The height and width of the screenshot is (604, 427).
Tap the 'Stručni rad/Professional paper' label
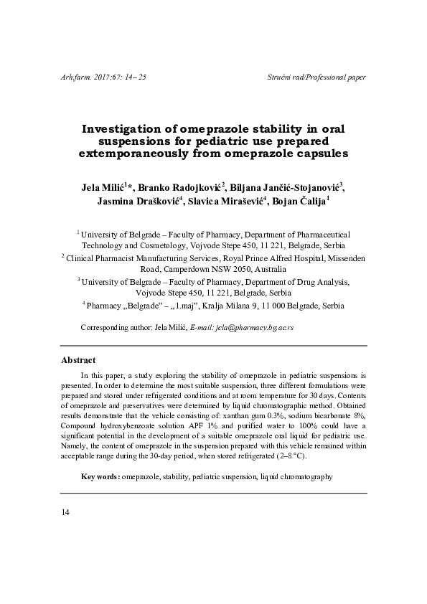click(316, 77)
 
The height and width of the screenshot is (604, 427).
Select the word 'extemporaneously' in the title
click(141, 153)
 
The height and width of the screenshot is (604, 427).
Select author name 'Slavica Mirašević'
click(224, 202)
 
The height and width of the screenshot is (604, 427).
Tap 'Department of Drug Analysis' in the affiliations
click(301, 282)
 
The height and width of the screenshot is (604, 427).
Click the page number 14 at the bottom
click(65, 511)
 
